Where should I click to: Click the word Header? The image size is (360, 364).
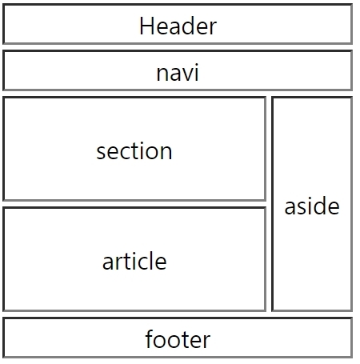pos(178,26)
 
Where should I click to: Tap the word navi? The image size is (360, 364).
pos(178,72)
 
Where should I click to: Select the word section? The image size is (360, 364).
pos(134,151)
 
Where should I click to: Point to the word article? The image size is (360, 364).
pos(134,261)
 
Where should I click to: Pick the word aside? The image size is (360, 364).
pos(312,206)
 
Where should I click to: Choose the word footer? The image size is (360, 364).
pos(178,339)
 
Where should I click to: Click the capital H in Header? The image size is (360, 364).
pos(146,26)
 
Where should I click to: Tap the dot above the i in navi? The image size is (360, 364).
pos(196,65)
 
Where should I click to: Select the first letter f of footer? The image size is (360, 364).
pos(149,338)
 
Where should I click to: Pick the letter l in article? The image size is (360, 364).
pos(151,260)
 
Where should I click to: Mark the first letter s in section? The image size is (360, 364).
pos(101,153)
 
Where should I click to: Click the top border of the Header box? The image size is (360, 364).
pos(178,5)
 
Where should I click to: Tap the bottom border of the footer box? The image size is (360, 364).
pos(178,357)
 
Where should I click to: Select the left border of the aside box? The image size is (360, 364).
pos(273,204)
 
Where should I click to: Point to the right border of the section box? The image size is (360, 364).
pos(265,149)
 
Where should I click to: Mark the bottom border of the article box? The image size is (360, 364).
pos(134,310)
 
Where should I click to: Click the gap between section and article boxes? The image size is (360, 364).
pos(134,204)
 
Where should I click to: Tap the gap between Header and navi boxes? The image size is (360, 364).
pos(178,47)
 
